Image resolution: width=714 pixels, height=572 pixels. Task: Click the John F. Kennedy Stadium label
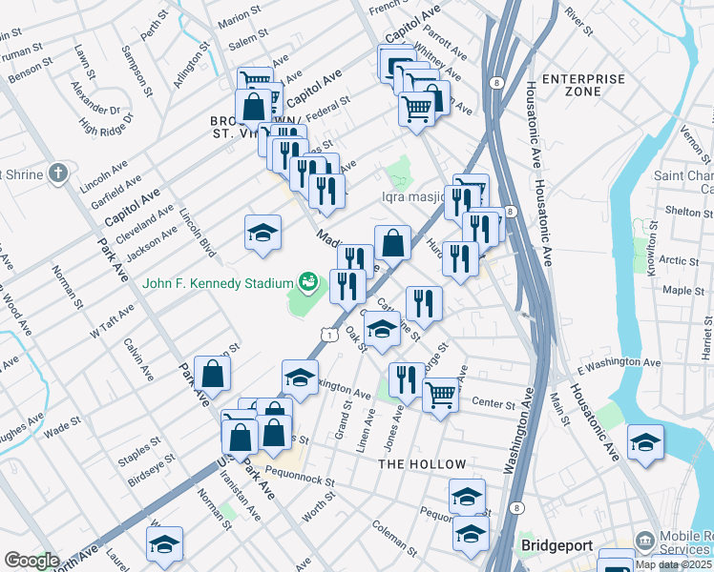tap(218, 283)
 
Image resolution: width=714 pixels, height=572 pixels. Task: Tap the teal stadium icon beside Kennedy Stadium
tap(307, 281)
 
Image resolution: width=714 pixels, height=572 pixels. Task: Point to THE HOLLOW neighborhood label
tap(422, 464)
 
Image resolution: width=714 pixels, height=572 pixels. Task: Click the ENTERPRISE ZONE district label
tap(584, 85)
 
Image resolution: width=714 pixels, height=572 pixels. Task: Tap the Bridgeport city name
tap(557, 546)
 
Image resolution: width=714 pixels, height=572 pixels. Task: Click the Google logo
tap(31, 561)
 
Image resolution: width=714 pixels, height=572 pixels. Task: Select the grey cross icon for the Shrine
tap(58, 174)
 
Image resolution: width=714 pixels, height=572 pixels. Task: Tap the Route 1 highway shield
tap(328, 335)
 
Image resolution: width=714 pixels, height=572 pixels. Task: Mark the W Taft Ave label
tap(108, 328)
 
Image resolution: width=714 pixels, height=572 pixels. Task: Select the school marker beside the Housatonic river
tap(645, 442)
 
